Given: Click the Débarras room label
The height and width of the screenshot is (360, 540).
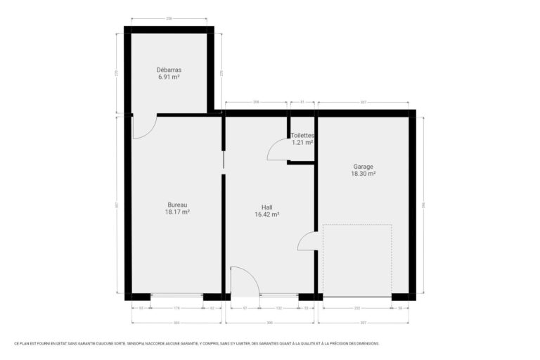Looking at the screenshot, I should (169, 70).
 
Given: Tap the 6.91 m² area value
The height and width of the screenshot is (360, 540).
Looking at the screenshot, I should (169, 77).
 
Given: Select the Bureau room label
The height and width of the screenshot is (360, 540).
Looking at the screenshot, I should (177, 205).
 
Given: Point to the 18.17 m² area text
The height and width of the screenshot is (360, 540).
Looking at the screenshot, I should (177, 212).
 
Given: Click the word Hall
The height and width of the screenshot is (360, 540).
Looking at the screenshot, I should (267, 207).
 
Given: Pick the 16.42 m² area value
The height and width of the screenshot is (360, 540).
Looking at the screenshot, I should (267, 214).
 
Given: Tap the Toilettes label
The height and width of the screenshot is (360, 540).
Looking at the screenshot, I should (302, 135).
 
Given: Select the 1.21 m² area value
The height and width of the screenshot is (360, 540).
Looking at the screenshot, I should (302, 142).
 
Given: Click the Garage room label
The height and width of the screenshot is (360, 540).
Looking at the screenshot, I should (364, 167).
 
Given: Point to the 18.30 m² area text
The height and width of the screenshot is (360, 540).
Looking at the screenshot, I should (364, 174).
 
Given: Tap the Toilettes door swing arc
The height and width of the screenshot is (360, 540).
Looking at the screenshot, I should (277, 149).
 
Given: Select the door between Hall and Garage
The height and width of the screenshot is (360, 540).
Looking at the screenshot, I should (307, 241).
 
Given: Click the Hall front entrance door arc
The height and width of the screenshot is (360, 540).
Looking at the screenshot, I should (245, 279).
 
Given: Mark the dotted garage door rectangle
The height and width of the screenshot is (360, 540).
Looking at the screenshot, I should (357, 260).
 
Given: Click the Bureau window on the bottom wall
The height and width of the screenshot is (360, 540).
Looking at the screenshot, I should (176, 296).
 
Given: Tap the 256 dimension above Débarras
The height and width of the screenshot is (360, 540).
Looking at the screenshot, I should (169, 18).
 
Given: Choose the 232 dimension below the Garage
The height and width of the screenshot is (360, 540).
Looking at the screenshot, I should (357, 307).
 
